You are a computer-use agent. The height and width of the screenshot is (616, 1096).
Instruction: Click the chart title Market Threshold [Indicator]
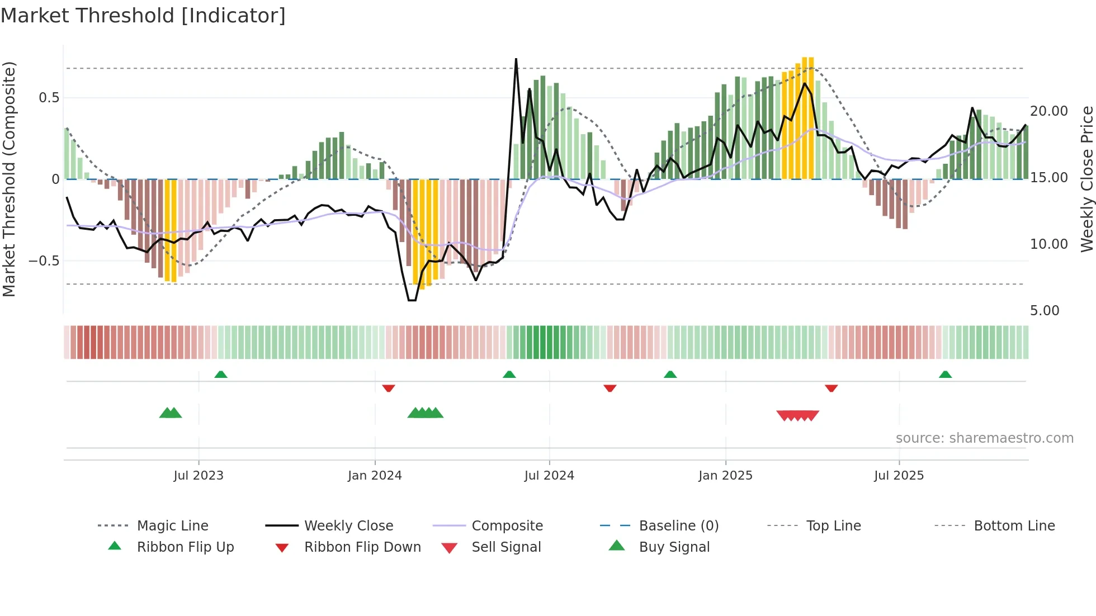pos(143,16)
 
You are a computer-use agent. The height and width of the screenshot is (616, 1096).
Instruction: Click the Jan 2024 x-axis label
pos(375,476)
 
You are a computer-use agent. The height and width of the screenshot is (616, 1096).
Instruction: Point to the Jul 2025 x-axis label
pos(899,476)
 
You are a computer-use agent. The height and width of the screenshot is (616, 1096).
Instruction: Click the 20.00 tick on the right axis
pos(1048,111)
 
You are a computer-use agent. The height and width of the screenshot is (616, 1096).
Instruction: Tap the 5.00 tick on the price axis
pos(1045,310)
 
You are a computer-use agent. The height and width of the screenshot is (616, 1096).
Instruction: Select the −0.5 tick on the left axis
pos(44,260)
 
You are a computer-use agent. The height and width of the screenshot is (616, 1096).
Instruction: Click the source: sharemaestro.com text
pos(984,438)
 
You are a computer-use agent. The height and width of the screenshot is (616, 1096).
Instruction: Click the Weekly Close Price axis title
pos(1086,179)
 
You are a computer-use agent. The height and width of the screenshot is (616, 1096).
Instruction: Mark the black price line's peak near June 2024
pos(516,59)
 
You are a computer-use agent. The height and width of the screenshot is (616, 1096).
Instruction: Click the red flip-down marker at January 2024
pos(389,388)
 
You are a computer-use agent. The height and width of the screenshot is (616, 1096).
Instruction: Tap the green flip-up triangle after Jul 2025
pos(945,375)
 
